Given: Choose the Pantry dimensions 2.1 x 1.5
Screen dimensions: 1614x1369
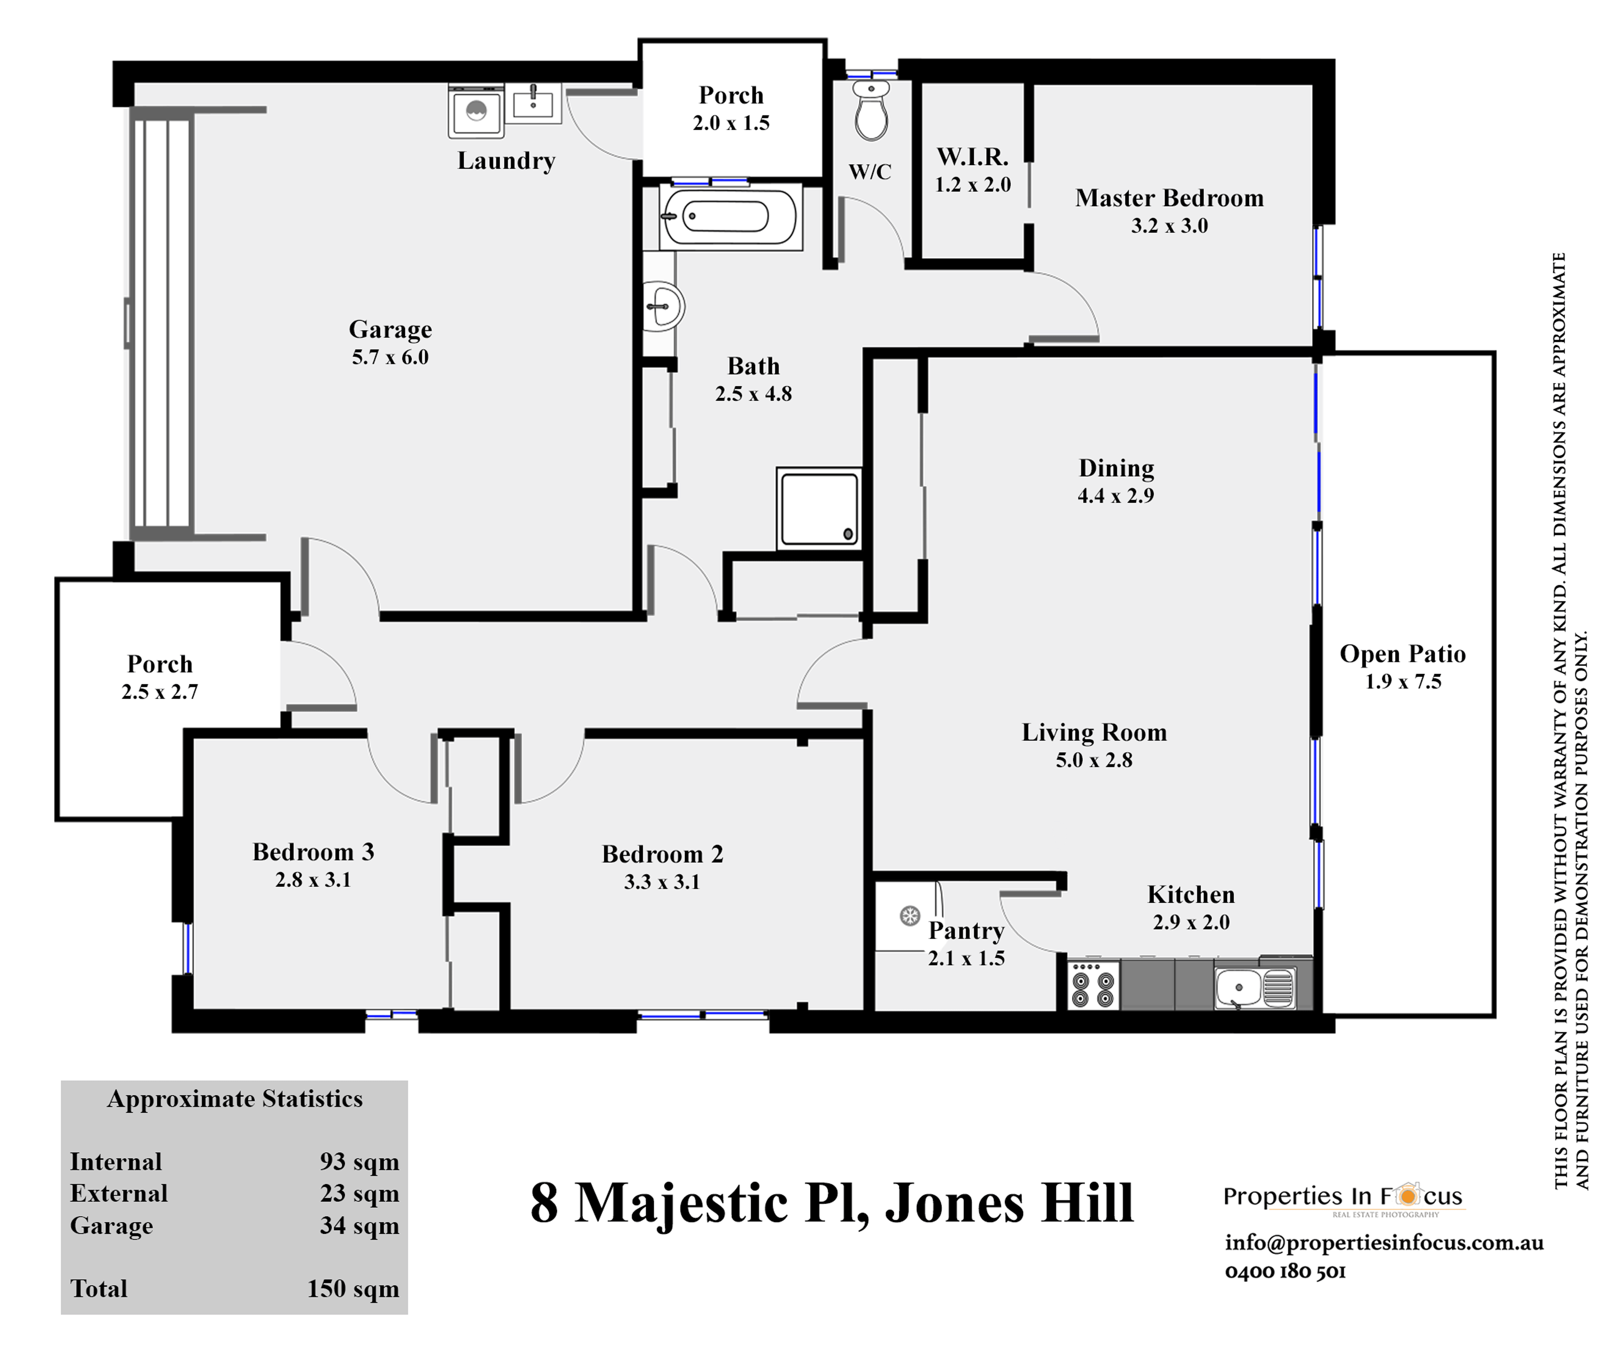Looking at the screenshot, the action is (x=966, y=958).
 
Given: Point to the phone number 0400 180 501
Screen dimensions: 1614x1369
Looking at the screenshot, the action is (x=1285, y=1271).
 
